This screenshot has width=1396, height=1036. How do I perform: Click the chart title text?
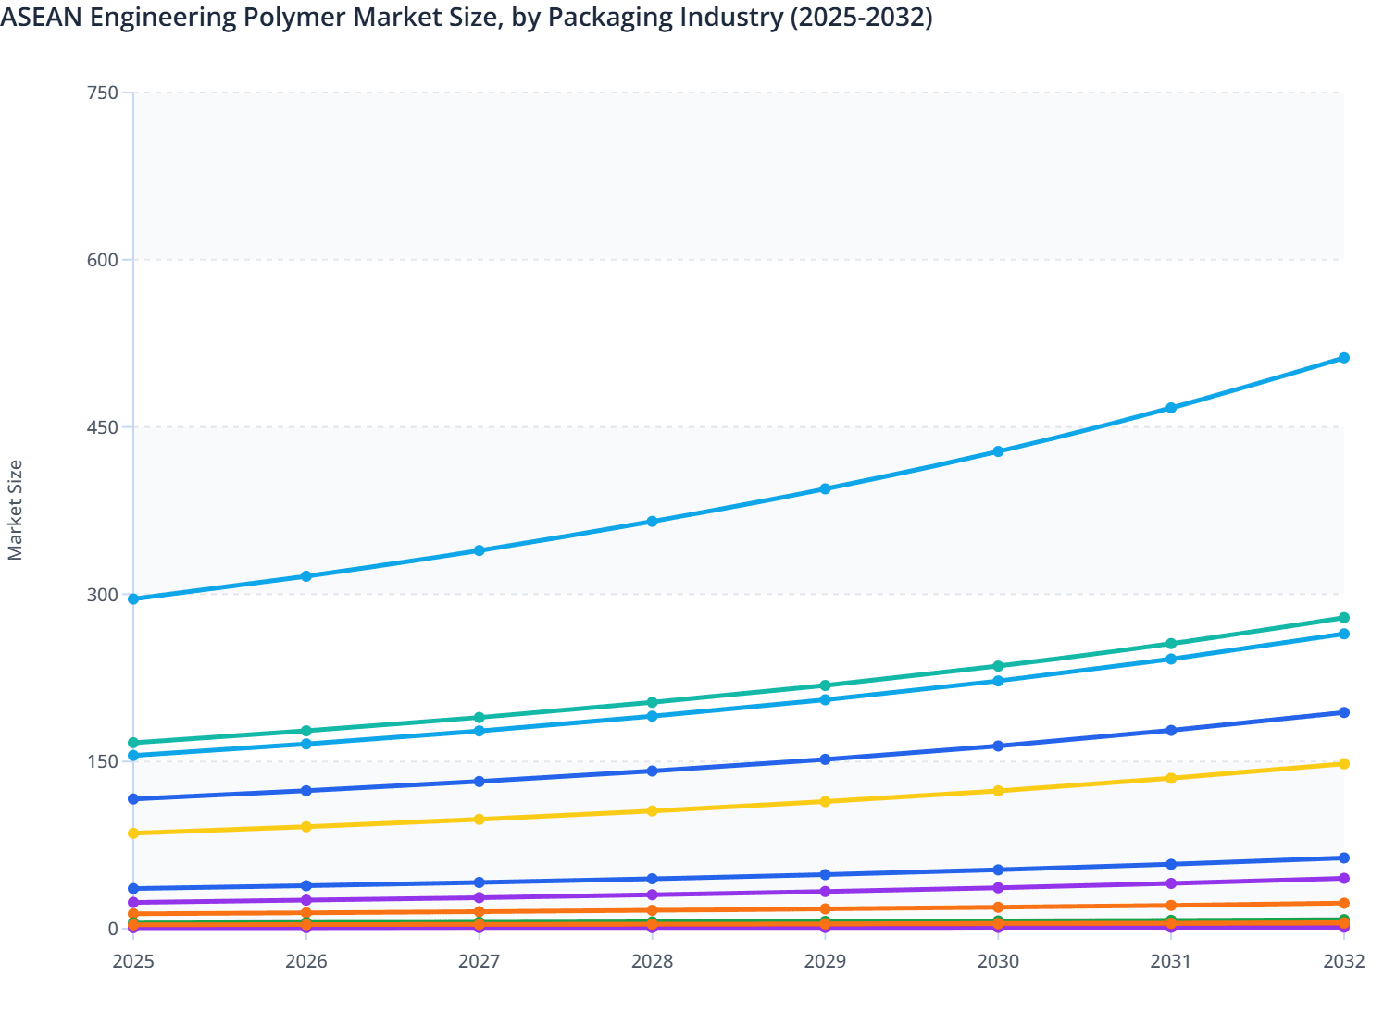point(467,17)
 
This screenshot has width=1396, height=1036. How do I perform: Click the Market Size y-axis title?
point(15,510)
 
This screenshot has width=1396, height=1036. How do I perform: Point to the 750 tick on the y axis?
point(103,92)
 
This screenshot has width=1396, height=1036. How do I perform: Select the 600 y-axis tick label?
point(103,260)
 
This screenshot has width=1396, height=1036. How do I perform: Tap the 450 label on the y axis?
point(103,427)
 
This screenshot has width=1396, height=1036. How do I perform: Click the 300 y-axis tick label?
point(103,595)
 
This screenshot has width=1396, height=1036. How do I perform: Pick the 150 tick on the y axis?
point(103,762)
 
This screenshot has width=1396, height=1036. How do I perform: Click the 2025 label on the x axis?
point(133,961)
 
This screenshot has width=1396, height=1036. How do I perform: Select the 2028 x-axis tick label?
point(652,961)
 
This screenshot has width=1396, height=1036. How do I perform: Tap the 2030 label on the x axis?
point(998,961)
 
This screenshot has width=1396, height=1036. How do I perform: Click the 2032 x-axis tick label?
point(1344,961)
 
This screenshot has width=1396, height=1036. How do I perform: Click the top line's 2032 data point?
point(1344,358)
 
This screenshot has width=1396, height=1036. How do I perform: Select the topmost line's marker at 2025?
point(133,599)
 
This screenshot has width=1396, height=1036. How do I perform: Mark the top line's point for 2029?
point(825,489)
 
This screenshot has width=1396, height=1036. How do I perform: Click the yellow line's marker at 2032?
point(1344,764)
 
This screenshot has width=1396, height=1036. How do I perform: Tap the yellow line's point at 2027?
point(480,820)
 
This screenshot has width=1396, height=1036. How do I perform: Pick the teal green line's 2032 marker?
point(1344,618)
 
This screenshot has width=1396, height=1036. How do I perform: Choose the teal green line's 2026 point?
point(306,731)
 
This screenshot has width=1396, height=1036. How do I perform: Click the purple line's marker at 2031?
point(1171,883)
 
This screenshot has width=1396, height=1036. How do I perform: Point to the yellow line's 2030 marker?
point(998,791)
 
